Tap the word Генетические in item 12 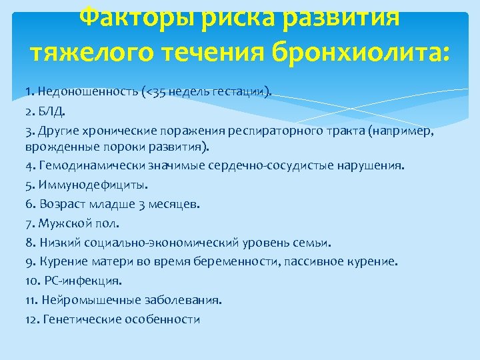tap(81, 320)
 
